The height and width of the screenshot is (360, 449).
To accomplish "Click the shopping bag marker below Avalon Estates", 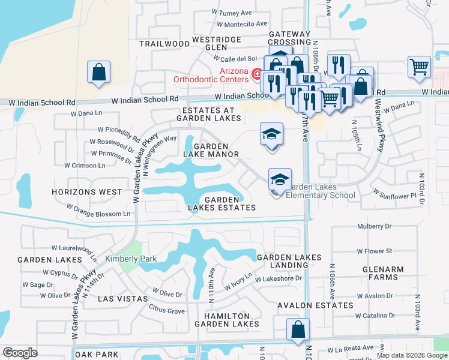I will tap(298, 330).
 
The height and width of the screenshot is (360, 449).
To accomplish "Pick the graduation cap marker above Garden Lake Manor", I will tap(271, 134).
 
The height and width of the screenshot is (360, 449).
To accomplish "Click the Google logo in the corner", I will tap(20, 353).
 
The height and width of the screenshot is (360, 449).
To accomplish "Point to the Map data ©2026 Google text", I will tap(412, 355).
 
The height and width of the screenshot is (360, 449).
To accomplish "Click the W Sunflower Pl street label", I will tap(394, 194).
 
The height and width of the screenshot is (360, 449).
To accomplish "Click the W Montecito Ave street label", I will tap(242, 24).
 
